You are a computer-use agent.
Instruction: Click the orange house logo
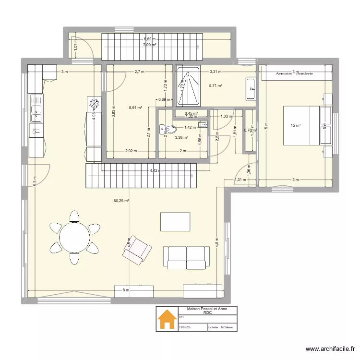(168, 319)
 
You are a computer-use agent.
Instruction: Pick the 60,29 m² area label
(121, 202)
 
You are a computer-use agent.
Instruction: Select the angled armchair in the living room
(137, 250)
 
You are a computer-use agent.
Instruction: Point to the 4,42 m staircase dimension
(155, 170)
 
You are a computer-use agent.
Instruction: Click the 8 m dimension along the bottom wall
(126, 290)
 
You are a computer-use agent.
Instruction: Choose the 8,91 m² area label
(136, 108)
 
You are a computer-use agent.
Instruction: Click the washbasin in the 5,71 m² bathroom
(251, 88)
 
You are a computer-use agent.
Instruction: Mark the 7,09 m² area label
(150, 45)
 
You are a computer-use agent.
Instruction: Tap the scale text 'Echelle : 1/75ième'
(220, 328)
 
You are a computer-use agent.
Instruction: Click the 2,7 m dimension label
(139, 72)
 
